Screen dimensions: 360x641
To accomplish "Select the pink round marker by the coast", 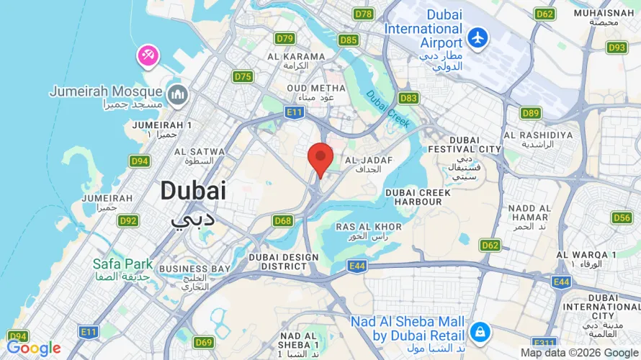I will click(148, 55).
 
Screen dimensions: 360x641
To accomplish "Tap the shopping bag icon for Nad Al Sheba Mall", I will click(478, 332).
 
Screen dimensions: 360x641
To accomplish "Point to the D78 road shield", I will click(364, 14).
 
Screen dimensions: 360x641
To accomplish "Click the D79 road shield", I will click(285, 39).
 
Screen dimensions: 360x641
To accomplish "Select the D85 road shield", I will click(349, 40).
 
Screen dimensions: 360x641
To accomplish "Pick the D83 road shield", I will click(408, 98).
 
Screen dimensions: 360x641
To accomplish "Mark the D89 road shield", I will click(531, 112).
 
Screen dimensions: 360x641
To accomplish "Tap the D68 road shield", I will click(283, 220).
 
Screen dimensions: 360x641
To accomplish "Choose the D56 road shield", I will click(622, 217).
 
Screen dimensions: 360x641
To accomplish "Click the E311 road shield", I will click(544, 343).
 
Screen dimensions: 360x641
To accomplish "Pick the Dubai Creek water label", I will click(387, 109).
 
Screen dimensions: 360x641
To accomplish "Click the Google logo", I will click(34, 348).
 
